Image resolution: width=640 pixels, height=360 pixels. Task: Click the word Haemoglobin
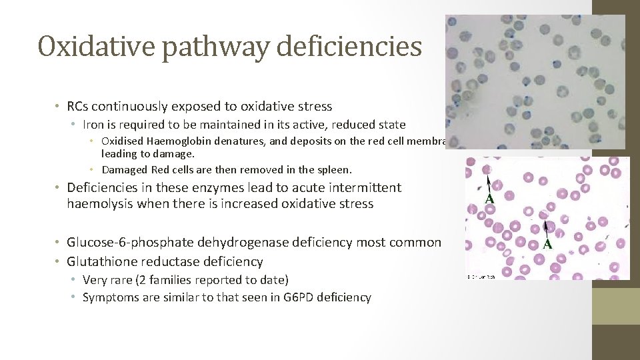click(173, 141)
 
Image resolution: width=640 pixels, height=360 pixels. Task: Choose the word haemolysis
click(99, 204)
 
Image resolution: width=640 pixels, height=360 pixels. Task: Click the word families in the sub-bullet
click(159, 280)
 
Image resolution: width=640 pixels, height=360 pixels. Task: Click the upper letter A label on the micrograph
click(489, 199)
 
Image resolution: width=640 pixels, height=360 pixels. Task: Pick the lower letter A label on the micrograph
click(547, 244)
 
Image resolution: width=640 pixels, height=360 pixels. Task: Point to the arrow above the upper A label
click(489, 182)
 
